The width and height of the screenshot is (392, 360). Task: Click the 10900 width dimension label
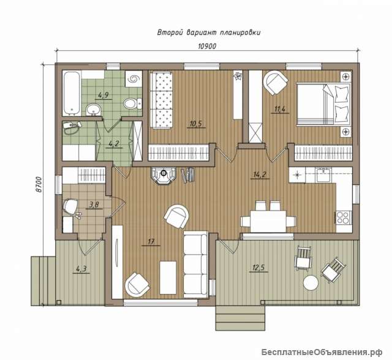[207, 47]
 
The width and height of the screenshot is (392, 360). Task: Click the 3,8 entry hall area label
[94, 205]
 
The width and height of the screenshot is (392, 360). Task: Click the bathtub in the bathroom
[72, 93]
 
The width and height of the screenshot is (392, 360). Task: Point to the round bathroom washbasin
[94, 110]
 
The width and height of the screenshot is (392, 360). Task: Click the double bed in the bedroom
[323, 103]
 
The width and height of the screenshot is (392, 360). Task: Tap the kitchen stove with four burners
[343, 217]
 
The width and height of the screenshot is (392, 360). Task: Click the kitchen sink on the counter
[323, 175]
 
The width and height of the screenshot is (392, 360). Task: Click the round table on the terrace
[311, 282]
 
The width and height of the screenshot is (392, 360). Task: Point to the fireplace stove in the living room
[164, 174]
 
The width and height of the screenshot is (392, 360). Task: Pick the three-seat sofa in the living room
[195, 264]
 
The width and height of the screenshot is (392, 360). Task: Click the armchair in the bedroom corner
[275, 82]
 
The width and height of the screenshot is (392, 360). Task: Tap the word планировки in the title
[240, 32]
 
